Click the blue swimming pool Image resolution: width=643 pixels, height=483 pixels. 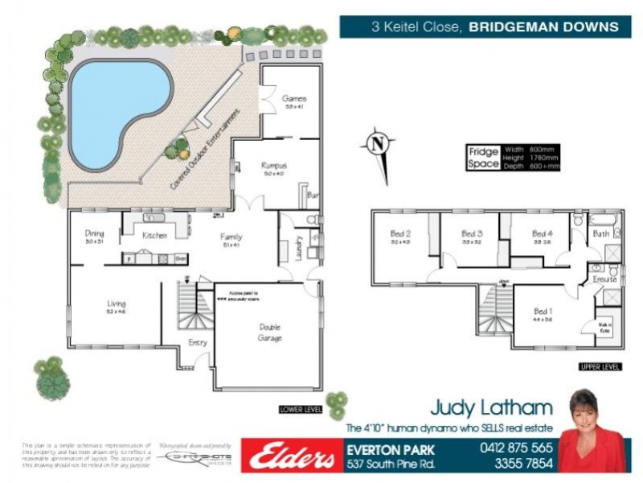pyautogui.click(x=113, y=109)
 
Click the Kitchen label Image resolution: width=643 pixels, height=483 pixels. pyautogui.click(x=154, y=236)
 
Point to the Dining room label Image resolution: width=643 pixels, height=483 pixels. pyautogui.click(x=95, y=235)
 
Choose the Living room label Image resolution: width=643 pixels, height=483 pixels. pyautogui.click(x=117, y=304)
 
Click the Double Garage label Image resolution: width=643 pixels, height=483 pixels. pyautogui.click(x=268, y=332)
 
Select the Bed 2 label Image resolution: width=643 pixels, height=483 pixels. pyautogui.click(x=401, y=234)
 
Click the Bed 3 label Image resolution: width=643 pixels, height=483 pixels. pyautogui.click(x=472, y=234)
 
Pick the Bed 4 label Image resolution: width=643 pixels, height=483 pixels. pyautogui.click(x=543, y=234)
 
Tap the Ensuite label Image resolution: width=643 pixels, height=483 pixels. pyautogui.click(x=604, y=279)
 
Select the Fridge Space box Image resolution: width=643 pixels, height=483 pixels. pyautogui.click(x=484, y=158)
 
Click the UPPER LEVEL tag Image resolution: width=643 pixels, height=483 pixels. pyautogui.click(x=599, y=367)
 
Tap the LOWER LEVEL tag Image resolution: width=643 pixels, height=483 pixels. pyautogui.click(x=301, y=409)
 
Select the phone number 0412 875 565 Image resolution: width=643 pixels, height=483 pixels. pyautogui.click(x=516, y=448)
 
